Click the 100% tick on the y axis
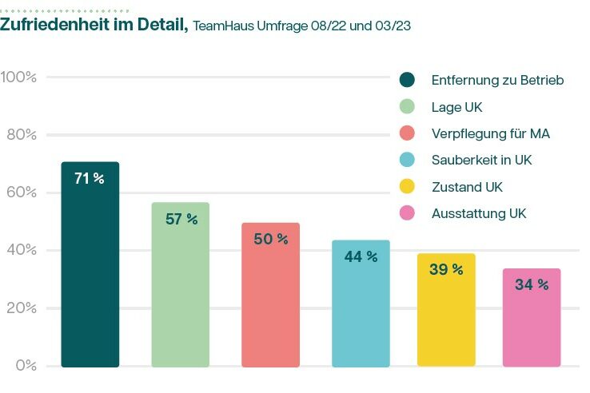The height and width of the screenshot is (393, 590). pyautogui.click(x=18, y=77)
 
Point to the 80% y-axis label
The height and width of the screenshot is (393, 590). pyautogui.click(x=21, y=134)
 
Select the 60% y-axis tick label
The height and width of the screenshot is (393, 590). pyautogui.click(x=21, y=193)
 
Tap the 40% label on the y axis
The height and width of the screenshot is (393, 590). pyautogui.click(x=21, y=250)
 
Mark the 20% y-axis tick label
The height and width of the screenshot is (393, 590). pyautogui.click(x=21, y=308)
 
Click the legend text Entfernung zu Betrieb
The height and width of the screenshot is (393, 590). pyautogui.click(x=498, y=80)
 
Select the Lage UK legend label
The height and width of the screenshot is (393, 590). pyautogui.click(x=456, y=107)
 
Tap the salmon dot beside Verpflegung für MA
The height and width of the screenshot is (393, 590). pyautogui.click(x=407, y=133)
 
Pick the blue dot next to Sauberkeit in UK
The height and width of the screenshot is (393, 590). pyautogui.click(x=407, y=160)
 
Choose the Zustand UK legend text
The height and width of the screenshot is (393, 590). pyautogui.click(x=467, y=187)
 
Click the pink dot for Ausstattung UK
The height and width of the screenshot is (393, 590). pyautogui.click(x=407, y=213)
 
